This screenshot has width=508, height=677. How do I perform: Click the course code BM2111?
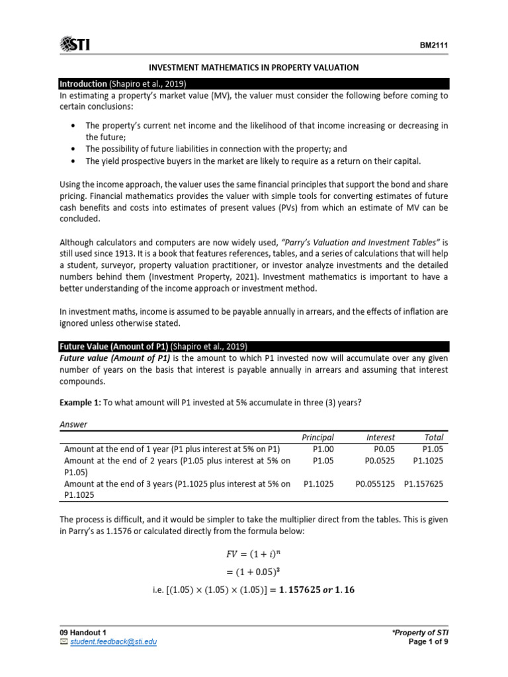point(433,46)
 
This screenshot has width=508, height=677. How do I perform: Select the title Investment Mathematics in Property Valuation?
point(253,67)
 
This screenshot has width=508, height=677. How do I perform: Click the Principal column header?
point(317,437)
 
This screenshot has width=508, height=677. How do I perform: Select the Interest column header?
point(380,437)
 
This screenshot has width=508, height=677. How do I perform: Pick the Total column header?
point(434,437)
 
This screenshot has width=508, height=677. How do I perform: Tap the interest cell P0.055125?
point(374,484)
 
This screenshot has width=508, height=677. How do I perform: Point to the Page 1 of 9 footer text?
point(429,641)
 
